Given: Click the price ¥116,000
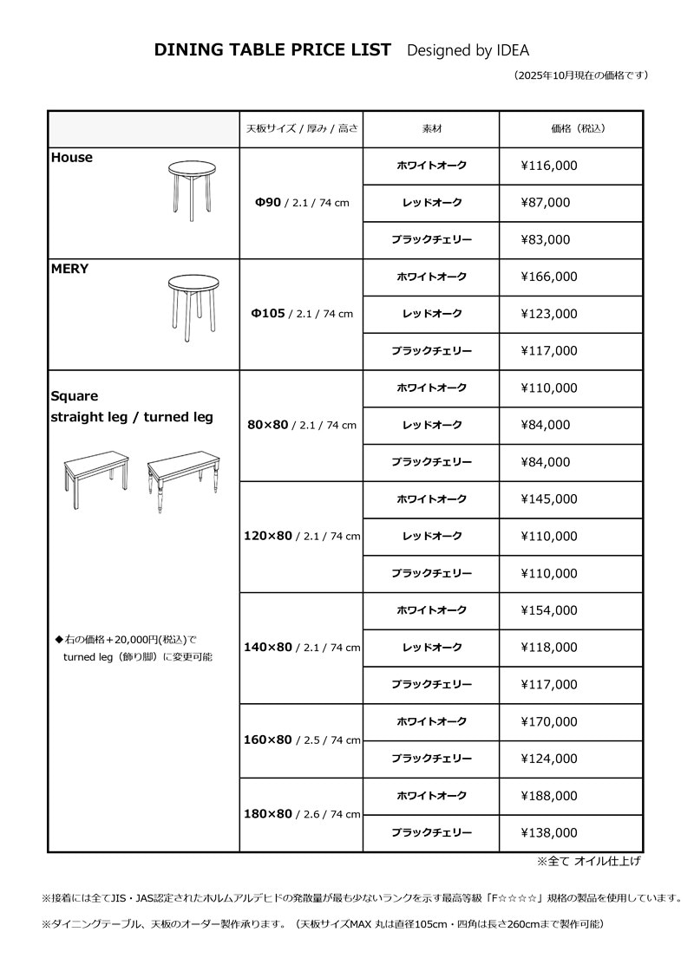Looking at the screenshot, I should (x=549, y=166).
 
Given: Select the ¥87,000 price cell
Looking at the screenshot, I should (x=546, y=203).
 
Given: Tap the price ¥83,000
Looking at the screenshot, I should (x=546, y=240).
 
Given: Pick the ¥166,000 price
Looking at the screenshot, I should (x=549, y=277).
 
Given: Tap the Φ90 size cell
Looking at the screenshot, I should (x=301, y=203).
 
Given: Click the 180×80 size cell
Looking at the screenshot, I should (x=301, y=814).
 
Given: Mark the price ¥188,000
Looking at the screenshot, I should (x=549, y=796).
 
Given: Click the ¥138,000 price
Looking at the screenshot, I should (x=549, y=833).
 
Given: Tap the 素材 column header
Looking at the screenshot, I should (x=431, y=128).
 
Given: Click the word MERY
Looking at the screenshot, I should (x=70, y=269).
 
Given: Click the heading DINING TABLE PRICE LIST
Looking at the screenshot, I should (x=272, y=50).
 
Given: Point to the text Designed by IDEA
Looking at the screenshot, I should (x=468, y=50).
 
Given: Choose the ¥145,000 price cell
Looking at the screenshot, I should (x=549, y=499).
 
